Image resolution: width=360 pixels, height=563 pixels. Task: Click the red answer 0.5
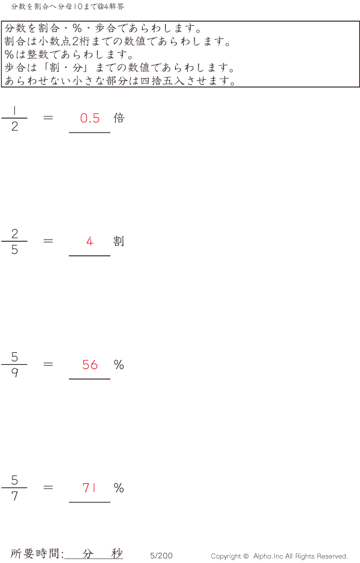pos(90,118)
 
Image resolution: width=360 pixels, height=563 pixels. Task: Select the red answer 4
pos(90,241)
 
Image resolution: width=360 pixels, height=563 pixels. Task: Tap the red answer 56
pos(90,365)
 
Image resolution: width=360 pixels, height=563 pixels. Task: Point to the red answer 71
pos(89,487)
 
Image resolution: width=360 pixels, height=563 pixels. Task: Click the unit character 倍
pos(119,118)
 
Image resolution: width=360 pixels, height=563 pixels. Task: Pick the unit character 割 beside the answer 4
pos(119,241)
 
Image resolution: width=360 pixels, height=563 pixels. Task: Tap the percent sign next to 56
pos(119,365)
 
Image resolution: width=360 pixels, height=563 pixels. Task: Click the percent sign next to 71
pos(119,487)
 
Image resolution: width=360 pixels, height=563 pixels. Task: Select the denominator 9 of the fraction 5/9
pos(14,373)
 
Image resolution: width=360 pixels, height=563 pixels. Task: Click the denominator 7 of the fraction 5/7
pos(14,496)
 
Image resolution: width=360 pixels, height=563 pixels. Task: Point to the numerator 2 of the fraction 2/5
pos(14,233)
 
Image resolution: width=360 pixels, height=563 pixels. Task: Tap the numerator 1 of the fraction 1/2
pos(14,110)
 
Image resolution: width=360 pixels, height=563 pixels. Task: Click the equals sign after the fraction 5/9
pos(48,364)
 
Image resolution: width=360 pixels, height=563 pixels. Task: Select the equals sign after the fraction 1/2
pos(48,118)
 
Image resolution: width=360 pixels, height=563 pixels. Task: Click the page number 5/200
pos(161,556)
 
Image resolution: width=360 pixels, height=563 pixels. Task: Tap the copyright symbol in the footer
pos(246,556)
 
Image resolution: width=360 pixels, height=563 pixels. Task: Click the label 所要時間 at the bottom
pos(35,553)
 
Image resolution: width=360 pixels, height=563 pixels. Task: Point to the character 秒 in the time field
pos(117,553)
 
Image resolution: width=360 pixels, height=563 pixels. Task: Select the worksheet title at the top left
pos(67,7)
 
